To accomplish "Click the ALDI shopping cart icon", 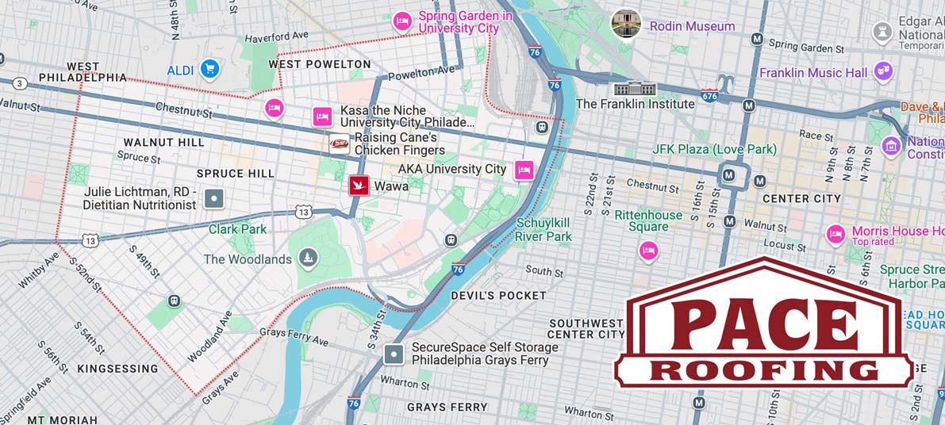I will coord(209,70).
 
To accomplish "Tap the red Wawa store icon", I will coord(359,186).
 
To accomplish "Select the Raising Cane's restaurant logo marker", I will coord(340,144).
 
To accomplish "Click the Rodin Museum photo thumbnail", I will coord(626,24).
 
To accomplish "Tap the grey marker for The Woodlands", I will coord(308,258).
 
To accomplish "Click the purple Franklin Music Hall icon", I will coord(883,71).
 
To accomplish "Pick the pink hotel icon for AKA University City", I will coord(524,170).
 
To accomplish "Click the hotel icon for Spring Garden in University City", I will coord(402,21).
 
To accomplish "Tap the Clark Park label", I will coord(238,229).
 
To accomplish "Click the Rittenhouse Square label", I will coord(648,221).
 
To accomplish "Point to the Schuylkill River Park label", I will coord(544,229).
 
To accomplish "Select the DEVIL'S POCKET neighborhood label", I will coord(498,295).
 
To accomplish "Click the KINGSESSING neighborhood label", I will coord(117,369).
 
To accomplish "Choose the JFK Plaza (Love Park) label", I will coord(714,149).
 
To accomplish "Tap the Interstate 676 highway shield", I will coord(709,96).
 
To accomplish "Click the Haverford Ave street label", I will coord(276,37).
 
